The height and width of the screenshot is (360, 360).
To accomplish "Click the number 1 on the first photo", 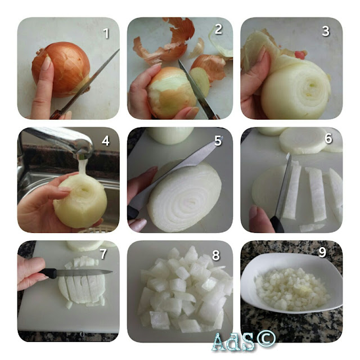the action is pos(106,34).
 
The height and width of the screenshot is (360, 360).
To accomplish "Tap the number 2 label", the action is pos(218,29).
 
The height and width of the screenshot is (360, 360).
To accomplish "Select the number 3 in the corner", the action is pos(326,31).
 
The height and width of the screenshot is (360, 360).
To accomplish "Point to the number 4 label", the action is pos(106,141).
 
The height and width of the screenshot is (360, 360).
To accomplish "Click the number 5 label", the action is pos(218,141).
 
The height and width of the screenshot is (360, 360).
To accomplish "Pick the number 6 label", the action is pos(328,138).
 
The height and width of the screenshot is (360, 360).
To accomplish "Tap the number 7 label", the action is pos(103,254).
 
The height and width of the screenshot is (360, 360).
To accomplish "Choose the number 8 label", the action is pos(216,255).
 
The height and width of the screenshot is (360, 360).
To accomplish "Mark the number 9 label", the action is pos(322,252).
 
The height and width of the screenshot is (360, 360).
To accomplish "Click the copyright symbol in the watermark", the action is pos(266,339).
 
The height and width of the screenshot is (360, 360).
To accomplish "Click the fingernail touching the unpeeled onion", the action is pos(47,62).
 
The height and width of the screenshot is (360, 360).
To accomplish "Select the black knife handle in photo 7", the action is pos(48,273).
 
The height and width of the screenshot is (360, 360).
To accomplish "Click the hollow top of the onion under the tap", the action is pos(84,190).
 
